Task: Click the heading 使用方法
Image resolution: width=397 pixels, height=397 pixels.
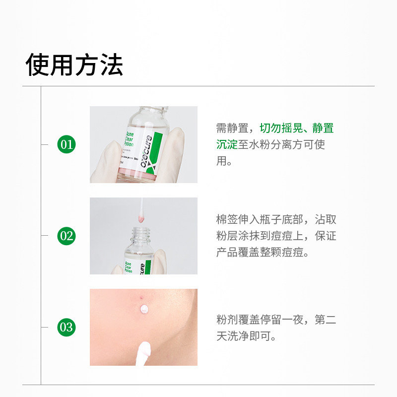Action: click(x=74, y=65)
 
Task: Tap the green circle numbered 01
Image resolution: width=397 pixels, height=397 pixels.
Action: click(x=66, y=144)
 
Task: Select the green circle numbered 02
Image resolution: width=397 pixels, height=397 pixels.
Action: click(x=66, y=236)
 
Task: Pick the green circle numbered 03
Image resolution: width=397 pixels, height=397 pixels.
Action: click(x=66, y=328)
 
